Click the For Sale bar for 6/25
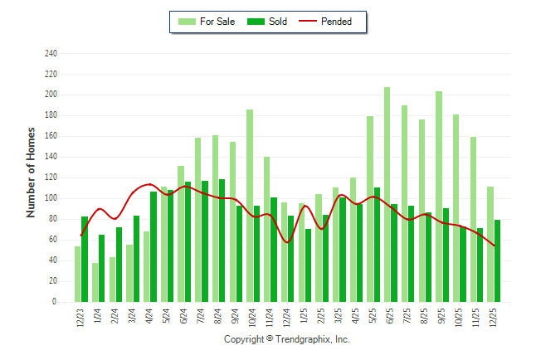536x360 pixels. (387, 194)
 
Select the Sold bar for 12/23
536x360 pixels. (85, 259)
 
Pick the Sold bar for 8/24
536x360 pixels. (222, 241)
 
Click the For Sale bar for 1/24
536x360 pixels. (95, 282)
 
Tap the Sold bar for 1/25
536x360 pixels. (308, 265)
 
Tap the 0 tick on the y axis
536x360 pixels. (55, 302)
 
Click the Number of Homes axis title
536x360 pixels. (31, 173)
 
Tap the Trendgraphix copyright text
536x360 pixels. (287, 339)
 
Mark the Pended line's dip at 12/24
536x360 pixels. (287, 242)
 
